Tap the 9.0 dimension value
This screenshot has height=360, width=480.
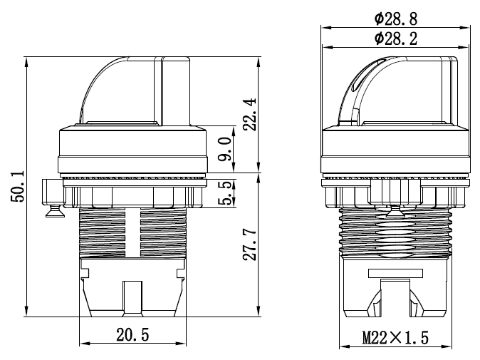pyautogui.click(x=224, y=149)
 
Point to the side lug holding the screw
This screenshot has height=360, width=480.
pyautogui.click(x=51, y=190)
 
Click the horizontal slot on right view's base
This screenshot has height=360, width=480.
pyautogui.click(x=395, y=273)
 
